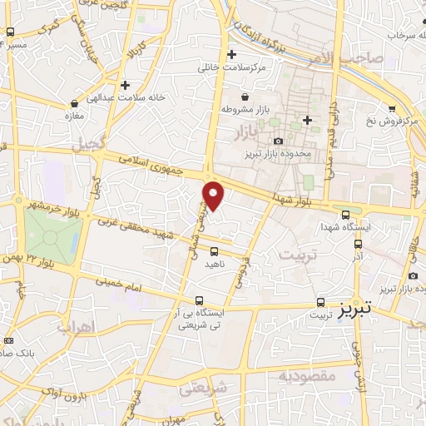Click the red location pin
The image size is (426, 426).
point(214,194)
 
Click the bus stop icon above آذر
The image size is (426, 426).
point(359,245)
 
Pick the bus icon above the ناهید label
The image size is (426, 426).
point(215,250)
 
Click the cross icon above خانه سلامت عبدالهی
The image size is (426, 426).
point(125,84)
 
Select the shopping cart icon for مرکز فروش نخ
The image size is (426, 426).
point(391,108)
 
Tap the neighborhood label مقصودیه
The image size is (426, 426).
point(308,376)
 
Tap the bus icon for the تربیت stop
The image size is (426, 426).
point(321,302)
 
